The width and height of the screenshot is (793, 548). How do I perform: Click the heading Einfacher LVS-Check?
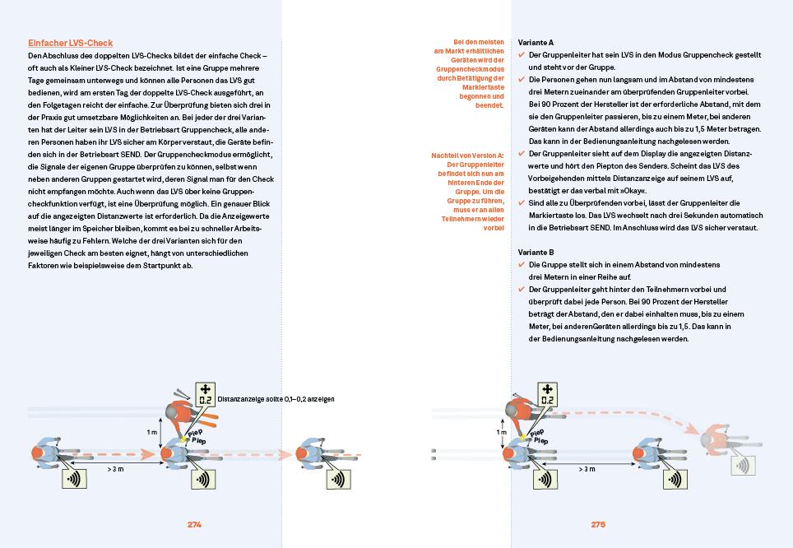pyautogui.click(x=70, y=43)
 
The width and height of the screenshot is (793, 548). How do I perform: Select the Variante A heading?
pyautogui.click(x=536, y=42)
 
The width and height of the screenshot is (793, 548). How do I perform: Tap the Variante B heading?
pyautogui.click(x=536, y=252)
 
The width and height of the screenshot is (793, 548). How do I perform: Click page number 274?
pyautogui.click(x=194, y=524)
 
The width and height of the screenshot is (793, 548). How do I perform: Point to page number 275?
pyautogui.click(x=597, y=524)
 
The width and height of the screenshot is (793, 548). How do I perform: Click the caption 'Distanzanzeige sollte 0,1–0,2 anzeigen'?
pyautogui.click(x=276, y=399)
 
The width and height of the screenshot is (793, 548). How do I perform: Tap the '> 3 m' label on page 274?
pyautogui.click(x=116, y=468)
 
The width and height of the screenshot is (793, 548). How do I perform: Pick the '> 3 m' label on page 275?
pyautogui.click(x=587, y=468)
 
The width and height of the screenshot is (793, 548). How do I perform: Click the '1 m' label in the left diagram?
pyautogui.click(x=151, y=431)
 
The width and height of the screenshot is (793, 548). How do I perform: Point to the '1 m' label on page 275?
pyautogui.click(x=501, y=431)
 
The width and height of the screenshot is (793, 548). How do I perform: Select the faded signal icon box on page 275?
pyautogui.click(x=744, y=465)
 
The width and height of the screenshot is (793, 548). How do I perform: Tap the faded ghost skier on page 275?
pyautogui.click(x=716, y=439)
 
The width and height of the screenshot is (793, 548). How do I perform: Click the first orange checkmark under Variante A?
pyautogui.click(x=522, y=55)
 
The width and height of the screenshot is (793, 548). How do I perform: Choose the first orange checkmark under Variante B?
pyautogui.click(x=522, y=265)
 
